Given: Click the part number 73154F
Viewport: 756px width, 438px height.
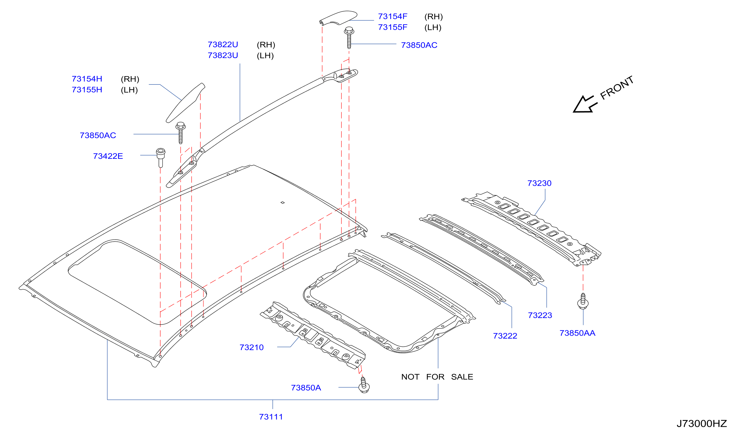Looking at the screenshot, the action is point(392,16).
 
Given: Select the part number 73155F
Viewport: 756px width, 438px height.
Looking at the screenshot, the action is point(392,27).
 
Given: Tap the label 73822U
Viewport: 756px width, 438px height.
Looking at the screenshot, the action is point(223,44).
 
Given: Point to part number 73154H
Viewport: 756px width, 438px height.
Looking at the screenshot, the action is point(87,79).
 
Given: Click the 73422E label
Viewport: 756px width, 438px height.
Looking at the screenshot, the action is point(108,156).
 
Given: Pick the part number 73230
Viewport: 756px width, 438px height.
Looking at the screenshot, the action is point(539,183).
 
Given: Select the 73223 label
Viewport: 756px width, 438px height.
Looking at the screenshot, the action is point(540,315).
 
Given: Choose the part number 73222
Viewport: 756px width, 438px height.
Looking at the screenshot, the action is point(505,336).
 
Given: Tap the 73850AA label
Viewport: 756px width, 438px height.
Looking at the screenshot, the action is point(577,333).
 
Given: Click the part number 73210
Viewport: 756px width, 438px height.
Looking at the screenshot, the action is point(252,347).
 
